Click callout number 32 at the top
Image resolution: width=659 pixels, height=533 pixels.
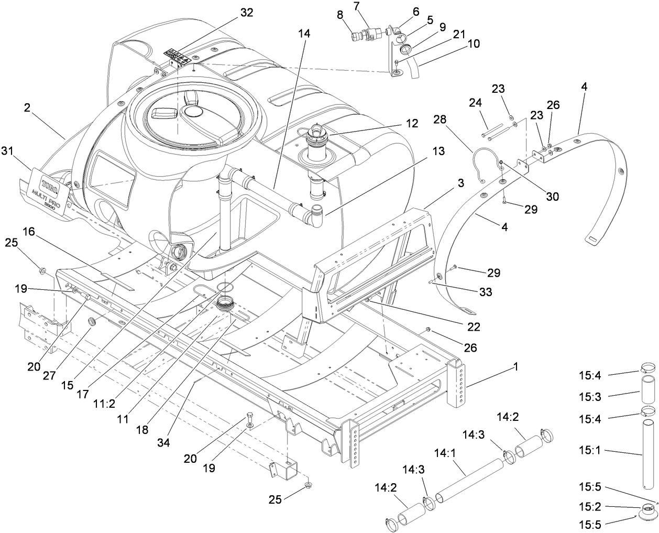pyautogui.click(x=246, y=13)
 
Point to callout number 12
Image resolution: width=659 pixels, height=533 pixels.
pyautogui.click(x=411, y=124)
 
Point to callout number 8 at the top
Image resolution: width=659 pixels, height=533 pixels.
pyautogui.click(x=340, y=16)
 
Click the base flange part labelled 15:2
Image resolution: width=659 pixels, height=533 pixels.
pyautogui.click(x=647, y=509)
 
